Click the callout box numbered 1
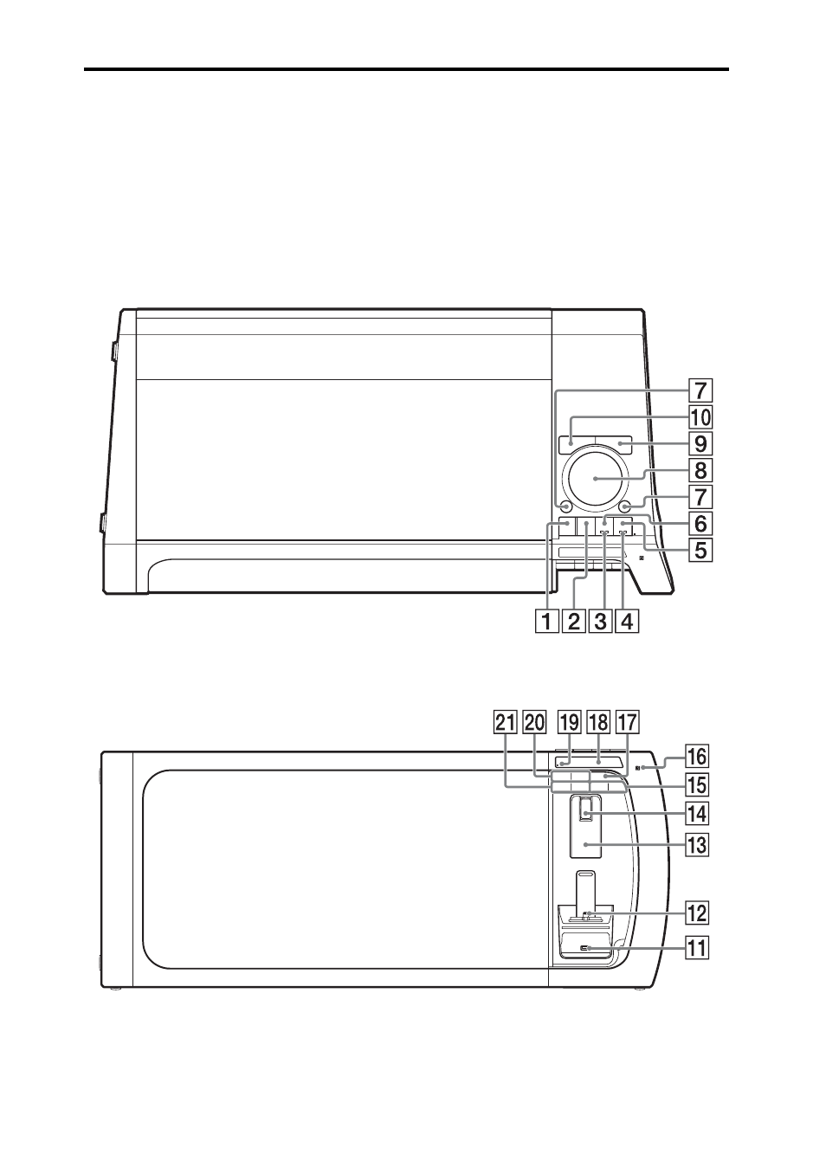(x=546, y=622)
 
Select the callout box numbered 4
(x=628, y=622)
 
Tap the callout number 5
(x=700, y=551)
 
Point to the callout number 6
(x=700, y=523)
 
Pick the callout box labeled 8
(x=700, y=470)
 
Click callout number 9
(x=700, y=443)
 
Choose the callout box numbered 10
(x=700, y=417)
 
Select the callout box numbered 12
(x=696, y=913)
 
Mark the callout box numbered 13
(x=696, y=844)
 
